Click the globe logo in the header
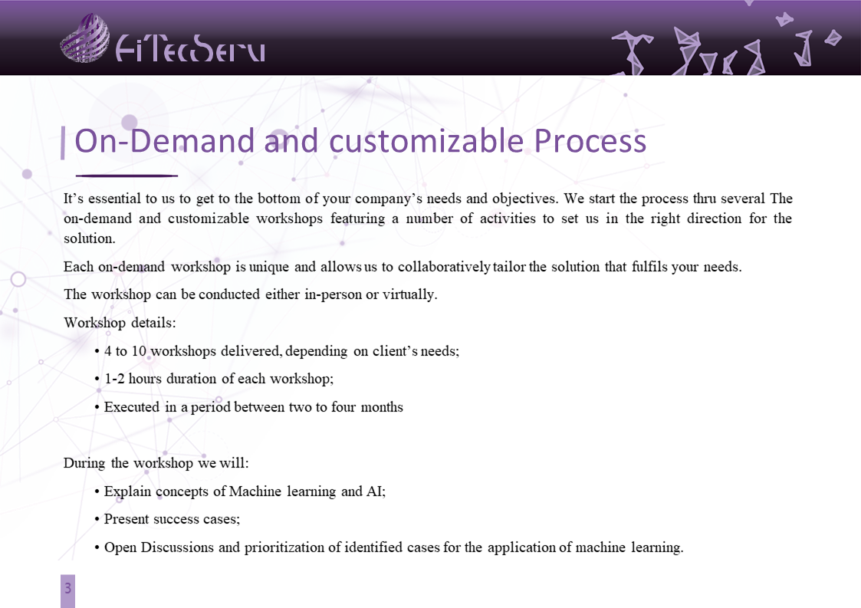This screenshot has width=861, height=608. click(x=84, y=38)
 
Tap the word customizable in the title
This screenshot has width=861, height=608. click(x=426, y=140)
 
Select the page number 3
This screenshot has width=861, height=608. click(x=67, y=588)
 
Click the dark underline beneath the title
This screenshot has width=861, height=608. click(x=127, y=176)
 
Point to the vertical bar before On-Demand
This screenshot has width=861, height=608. click(x=63, y=143)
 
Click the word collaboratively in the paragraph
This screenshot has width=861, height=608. click(x=444, y=267)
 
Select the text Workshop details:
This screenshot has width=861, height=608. click(x=120, y=322)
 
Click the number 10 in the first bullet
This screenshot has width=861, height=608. click(x=139, y=351)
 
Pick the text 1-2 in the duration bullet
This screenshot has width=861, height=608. click(x=114, y=379)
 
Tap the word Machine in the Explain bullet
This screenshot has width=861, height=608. click(x=255, y=491)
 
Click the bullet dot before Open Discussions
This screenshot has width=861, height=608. click(x=97, y=548)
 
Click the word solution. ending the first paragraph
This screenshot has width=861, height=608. click(x=90, y=238)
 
